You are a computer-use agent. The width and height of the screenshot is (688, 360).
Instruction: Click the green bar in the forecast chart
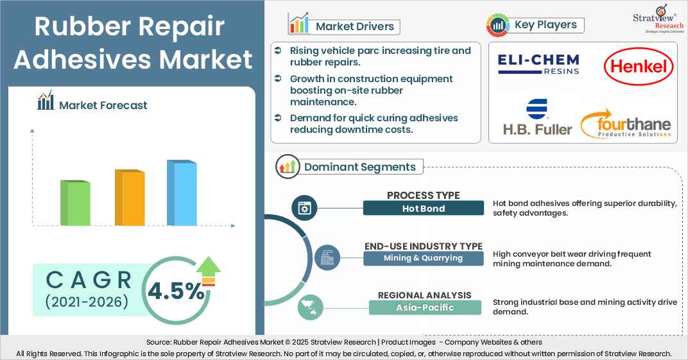pos(75,202)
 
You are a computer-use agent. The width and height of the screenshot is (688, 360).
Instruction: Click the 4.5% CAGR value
pos(175,292)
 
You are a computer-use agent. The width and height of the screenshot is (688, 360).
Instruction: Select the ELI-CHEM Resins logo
pos(538,64)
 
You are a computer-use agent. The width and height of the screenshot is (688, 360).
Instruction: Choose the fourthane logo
pos(626,124)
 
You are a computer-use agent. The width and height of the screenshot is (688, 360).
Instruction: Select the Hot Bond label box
pos(423,208)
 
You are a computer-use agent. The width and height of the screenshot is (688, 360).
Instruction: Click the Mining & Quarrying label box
pos(423,258)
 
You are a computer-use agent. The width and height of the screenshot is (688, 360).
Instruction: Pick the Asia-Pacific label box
pos(424,307)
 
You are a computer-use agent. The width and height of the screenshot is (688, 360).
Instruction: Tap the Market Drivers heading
pos(354,26)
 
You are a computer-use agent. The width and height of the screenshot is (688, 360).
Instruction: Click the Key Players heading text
pos(546,25)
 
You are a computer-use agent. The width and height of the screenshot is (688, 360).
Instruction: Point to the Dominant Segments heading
pos(359,167)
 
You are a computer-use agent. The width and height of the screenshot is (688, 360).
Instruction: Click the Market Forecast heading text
pos(103,105)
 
